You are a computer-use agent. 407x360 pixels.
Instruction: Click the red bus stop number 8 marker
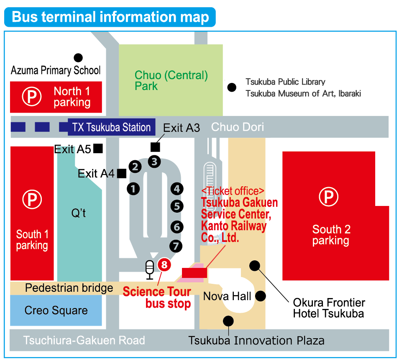click(x=164, y=265)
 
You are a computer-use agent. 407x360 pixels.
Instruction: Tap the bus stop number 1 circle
click(x=133, y=189)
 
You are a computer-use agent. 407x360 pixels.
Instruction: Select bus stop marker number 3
click(x=154, y=161)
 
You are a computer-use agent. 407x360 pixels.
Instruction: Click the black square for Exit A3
click(x=155, y=147)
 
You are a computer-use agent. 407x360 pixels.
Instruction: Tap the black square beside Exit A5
click(x=98, y=148)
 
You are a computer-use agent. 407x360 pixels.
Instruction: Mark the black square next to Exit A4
click(x=122, y=173)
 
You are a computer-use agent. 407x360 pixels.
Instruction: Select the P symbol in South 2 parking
click(x=329, y=197)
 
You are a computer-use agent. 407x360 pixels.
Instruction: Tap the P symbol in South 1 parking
click(x=32, y=200)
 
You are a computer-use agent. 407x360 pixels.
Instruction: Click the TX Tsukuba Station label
click(x=111, y=127)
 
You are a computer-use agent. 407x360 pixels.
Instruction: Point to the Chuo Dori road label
click(x=238, y=127)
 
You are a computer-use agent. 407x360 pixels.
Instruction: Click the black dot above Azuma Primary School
click(x=78, y=58)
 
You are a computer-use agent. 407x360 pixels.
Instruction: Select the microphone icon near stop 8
click(x=149, y=269)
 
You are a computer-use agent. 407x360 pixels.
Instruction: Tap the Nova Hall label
click(x=227, y=296)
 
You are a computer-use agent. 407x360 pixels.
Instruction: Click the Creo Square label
click(x=56, y=310)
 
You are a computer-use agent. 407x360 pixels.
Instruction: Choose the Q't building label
click(x=78, y=213)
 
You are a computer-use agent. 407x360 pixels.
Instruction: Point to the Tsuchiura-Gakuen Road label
click(x=84, y=340)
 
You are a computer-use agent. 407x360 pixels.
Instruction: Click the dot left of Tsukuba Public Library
click(x=231, y=87)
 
